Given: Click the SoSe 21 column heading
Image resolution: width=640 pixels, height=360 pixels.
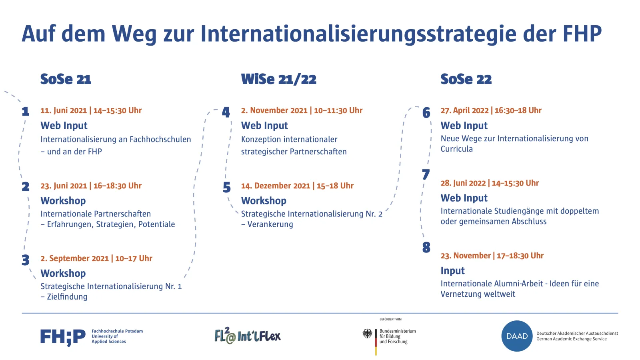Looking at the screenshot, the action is pos(66,79).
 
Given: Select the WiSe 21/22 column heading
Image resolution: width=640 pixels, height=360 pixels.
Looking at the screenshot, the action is pos(278,80).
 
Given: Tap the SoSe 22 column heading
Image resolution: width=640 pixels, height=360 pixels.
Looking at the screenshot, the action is pos(466,79).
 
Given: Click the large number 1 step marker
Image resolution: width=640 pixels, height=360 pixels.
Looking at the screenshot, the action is pos(26,112).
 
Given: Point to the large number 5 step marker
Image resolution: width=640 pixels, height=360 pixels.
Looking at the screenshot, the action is pos(226,187).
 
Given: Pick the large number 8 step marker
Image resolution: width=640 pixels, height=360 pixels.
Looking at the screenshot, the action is pos(426,248).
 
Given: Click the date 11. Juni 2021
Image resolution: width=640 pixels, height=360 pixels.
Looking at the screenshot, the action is pos(64,110).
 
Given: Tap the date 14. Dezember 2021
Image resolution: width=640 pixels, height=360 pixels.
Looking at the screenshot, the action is pos(276,186).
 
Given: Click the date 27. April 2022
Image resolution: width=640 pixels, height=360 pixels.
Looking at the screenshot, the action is pos(464,110).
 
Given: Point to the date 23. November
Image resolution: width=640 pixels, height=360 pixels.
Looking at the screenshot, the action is pos(466,256).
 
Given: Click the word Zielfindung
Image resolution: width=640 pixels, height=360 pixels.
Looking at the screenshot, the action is pos(67,297).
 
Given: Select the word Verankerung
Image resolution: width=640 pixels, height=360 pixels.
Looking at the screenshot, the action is pos(270,224).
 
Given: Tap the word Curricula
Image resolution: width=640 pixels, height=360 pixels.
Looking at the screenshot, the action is pos(456,149).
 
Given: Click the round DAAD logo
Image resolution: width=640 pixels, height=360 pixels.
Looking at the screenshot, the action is pos(517,336).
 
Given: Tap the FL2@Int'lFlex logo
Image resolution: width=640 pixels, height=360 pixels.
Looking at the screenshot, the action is pos(248,335).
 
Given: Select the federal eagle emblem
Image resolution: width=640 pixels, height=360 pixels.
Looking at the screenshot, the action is pos(368,334).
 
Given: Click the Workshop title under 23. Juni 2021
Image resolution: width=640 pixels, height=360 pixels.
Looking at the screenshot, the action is pos(63,201).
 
